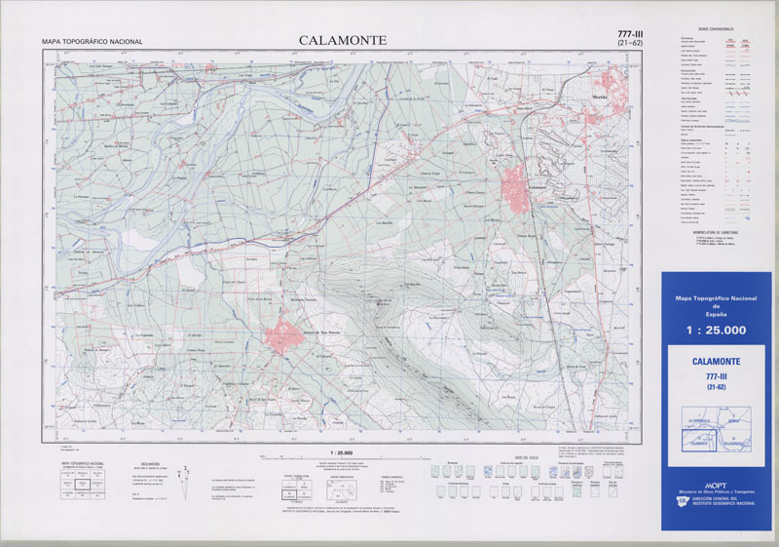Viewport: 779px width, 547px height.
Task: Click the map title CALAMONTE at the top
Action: click(x=342, y=40)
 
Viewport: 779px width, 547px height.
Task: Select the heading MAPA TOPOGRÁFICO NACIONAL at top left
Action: click(x=93, y=42)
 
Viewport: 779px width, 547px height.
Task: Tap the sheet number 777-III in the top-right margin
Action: click(x=630, y=34)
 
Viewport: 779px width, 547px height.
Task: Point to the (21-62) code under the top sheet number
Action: click(x=630, y=44)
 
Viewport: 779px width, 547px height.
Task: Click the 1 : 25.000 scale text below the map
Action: click(x=341, y=453)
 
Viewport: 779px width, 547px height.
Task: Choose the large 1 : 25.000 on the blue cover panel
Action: click(x=716, y=331)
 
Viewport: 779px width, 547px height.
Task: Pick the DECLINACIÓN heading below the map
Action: click(x=151, y=464)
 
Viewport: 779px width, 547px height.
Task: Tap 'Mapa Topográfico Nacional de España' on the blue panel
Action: click(x=716, y=303)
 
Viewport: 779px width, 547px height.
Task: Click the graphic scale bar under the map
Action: click(x=341, y=460)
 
